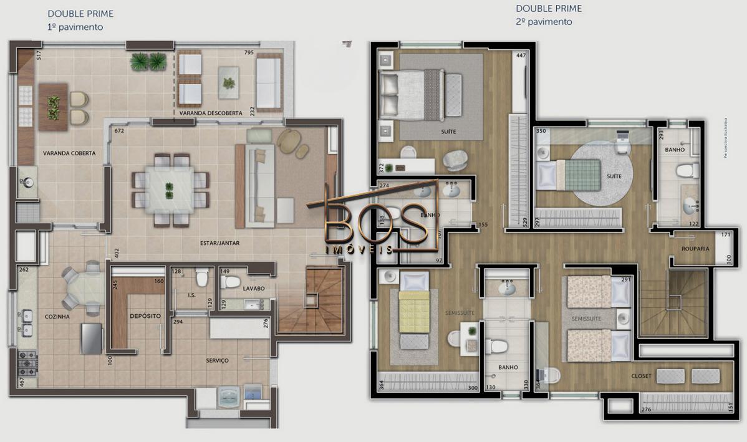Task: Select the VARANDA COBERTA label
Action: (x=69, y=153)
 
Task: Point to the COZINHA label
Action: (x=57, y=317)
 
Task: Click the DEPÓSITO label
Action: (x=145, y=316)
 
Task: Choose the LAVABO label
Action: (x=254, y=289)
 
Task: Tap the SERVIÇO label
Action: (x=218, y=360)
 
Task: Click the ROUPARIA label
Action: (x=695, y=248)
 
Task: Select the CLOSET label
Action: (x=641, y=376)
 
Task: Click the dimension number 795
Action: (x=249, y=53)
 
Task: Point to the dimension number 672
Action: (x=119, y=132)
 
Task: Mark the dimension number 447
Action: (x=521, y=55)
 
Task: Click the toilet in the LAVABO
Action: (x=231, y=282)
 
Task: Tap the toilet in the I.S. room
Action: (x=201, y=276)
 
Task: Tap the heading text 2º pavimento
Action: (x=544, y=22)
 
